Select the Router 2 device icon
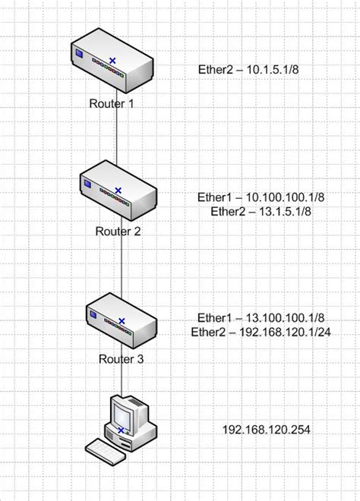[x=117, y=193]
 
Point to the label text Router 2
[x=118, y=231]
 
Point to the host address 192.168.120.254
[x=266, y=430]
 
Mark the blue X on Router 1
[x=112, y=60]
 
